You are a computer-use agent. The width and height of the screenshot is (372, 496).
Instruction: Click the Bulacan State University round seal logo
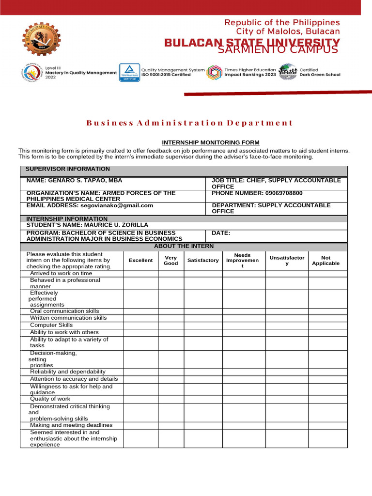(x=42, y=39)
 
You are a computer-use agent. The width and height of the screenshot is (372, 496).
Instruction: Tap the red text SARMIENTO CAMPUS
(x=278, y=50)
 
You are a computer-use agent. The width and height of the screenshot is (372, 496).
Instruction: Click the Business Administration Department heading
(x=189, y=123)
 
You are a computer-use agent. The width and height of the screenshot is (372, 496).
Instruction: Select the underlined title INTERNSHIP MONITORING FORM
(x=211, y=142)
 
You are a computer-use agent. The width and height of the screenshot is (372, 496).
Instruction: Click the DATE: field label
(x=221, y=233)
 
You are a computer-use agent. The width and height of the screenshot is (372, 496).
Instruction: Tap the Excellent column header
(x=140, y=261)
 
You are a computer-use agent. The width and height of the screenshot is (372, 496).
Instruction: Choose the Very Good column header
(x=170, y=261)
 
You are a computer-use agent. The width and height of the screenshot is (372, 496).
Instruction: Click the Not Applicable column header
(x=325, y=261)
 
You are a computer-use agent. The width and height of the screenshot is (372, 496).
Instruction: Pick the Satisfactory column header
(x=203, y=261)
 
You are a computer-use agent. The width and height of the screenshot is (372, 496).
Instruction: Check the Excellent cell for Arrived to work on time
(x=140, y=274)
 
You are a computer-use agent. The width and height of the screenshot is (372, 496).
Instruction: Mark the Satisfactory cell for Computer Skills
(x=203, y=325)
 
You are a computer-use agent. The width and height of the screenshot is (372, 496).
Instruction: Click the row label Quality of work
(x=50, y=399)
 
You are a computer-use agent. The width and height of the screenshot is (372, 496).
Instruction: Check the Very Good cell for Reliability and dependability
(x=170, y=372)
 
